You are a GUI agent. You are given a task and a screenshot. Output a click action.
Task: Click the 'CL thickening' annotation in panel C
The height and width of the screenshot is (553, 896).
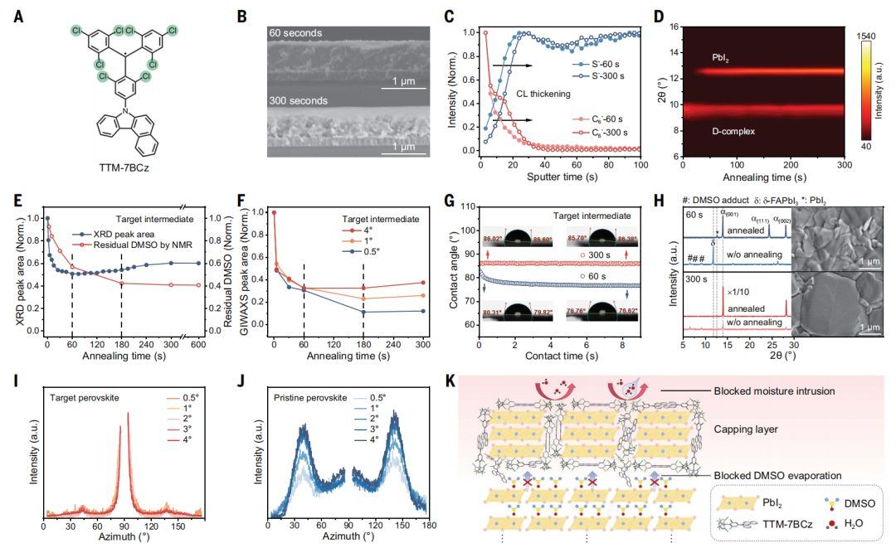[x=544, y=95]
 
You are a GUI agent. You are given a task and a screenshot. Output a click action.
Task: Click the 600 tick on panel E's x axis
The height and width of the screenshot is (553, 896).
[x=198, y=344]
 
